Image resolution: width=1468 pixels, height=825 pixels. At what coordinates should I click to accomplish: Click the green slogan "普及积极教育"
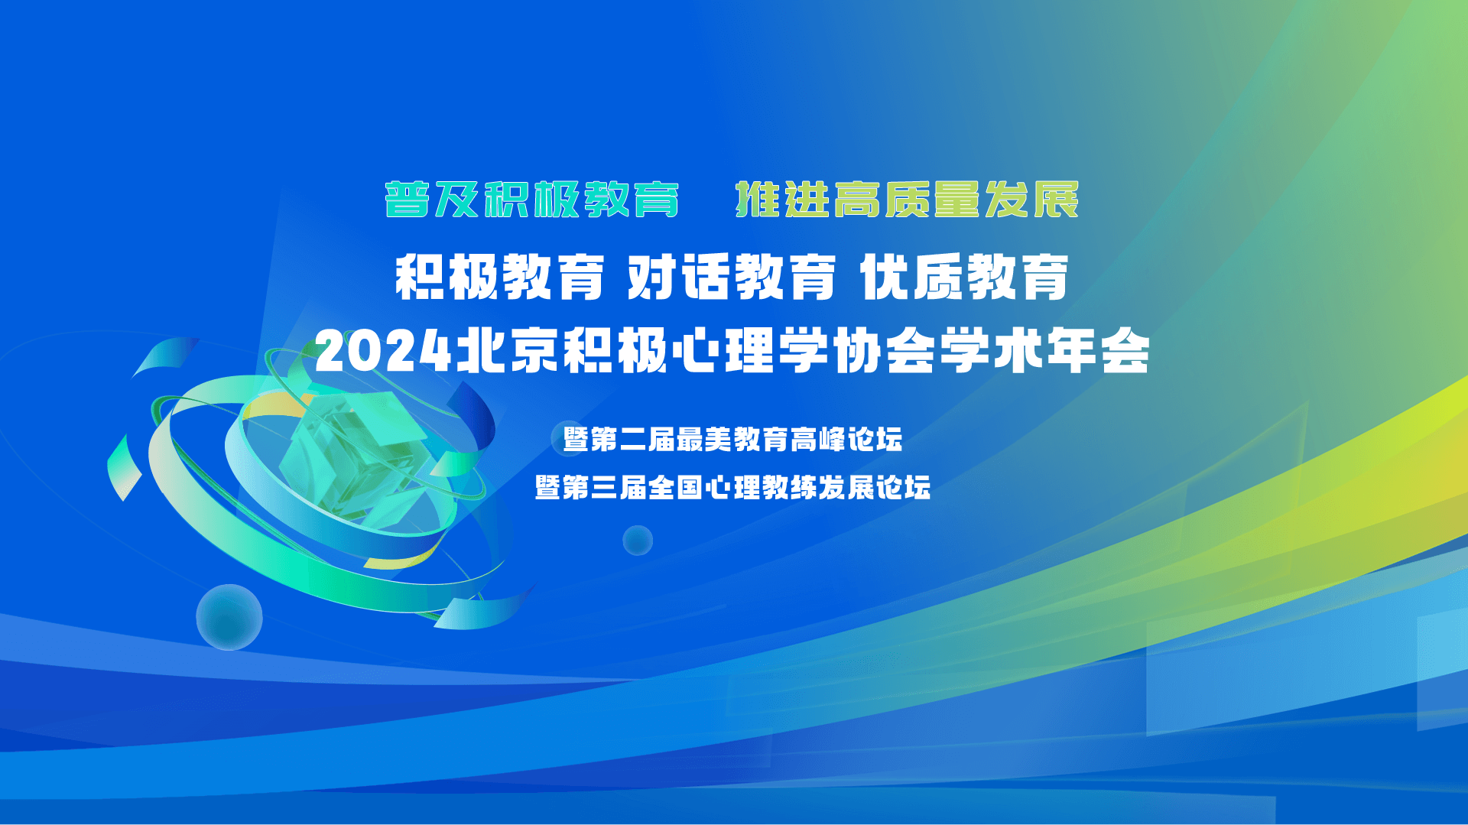coord(532,200)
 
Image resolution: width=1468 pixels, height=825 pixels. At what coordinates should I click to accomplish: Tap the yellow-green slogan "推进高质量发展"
coord(907,200)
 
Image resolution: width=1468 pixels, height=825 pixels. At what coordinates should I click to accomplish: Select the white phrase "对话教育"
coord(732,278)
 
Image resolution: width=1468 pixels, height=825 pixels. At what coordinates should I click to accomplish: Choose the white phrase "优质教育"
coord(964,278)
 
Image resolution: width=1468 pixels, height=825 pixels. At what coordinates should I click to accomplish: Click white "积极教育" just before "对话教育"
coord(499,278)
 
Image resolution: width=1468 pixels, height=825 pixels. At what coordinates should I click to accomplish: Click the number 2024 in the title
coord(384,352)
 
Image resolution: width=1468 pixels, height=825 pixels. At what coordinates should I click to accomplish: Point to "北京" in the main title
coord(508,352)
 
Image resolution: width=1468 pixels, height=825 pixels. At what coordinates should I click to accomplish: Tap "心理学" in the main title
coord(750,352)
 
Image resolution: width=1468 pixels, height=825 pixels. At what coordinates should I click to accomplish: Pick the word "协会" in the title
coord(884,352)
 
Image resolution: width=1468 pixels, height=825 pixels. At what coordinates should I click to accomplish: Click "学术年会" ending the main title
coord(1044,352)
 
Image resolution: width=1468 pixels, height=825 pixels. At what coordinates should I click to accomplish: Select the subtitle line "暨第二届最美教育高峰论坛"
coord(732,440)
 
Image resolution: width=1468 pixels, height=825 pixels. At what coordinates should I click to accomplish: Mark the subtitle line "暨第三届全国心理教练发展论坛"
coord(732,487)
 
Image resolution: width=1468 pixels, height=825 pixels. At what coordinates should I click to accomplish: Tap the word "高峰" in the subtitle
coord(817,440)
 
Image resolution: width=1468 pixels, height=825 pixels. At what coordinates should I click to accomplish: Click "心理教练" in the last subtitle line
coord(761,487)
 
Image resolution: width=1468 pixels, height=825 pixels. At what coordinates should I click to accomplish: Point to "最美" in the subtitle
coord(704,440)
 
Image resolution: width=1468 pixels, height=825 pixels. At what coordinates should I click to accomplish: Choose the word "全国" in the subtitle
coord(676,487)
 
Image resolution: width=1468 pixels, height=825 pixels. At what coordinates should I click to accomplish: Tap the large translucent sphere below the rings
coord(229,617)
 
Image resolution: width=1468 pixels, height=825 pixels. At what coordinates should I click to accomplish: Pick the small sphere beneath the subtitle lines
coord(638,541)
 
